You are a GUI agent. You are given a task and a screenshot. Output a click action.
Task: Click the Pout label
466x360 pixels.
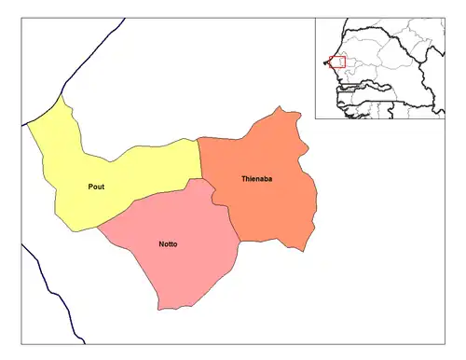point(96,187)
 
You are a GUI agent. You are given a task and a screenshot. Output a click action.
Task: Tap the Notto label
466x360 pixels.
point(169,244)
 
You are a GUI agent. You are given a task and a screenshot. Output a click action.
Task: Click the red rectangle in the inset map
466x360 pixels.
point(337,62)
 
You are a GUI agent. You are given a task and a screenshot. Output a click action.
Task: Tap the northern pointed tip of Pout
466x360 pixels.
point(62,95)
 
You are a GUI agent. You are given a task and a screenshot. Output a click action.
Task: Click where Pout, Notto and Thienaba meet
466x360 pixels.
point(202,177)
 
